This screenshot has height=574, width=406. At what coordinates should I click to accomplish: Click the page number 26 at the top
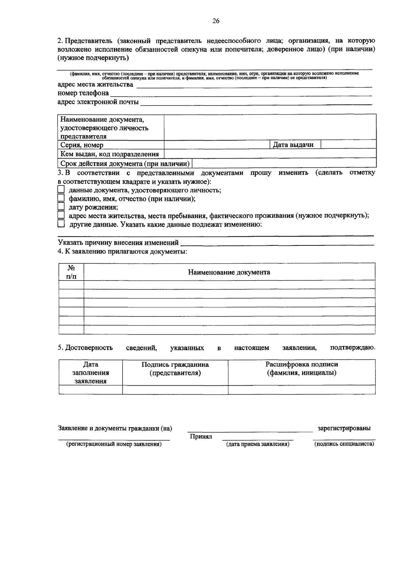coord(216,21)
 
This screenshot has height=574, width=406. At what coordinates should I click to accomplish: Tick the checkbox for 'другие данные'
coord(61,224)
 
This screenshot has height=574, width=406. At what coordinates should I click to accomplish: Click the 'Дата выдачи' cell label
coord(293,145)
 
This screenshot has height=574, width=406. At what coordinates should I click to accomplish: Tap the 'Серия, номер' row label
coord(82,145)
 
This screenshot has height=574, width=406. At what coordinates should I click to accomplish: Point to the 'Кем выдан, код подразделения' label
coord(110,154)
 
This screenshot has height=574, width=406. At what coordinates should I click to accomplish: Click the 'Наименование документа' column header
coord(229,272)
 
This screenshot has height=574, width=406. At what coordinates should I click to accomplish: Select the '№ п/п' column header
coord(71,272)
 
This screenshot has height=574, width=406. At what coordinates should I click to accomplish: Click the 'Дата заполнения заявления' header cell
coord(91,373)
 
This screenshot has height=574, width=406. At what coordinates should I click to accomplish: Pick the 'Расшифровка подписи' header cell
coord(301,368)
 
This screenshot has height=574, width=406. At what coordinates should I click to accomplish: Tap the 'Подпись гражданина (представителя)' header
coord(175,369)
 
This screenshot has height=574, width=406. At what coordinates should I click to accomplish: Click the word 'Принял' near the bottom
coord(201,436)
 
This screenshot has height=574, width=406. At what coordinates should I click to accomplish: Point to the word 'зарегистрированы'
coord(344,428)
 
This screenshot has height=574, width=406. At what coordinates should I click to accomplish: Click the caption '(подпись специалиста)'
coord(344,444)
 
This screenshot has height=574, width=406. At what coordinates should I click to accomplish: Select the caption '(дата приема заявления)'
coord(258,444)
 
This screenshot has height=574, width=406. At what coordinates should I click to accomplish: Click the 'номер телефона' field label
coord(83,93)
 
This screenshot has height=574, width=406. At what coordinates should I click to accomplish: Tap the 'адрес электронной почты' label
coord(98,102)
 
